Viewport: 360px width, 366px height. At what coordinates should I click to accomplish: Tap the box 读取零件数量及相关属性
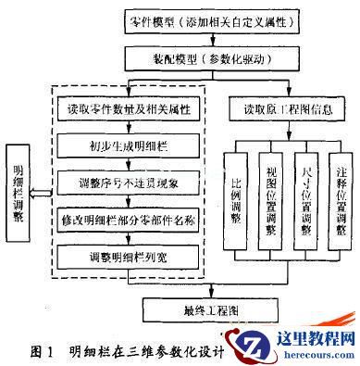point(136,109)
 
